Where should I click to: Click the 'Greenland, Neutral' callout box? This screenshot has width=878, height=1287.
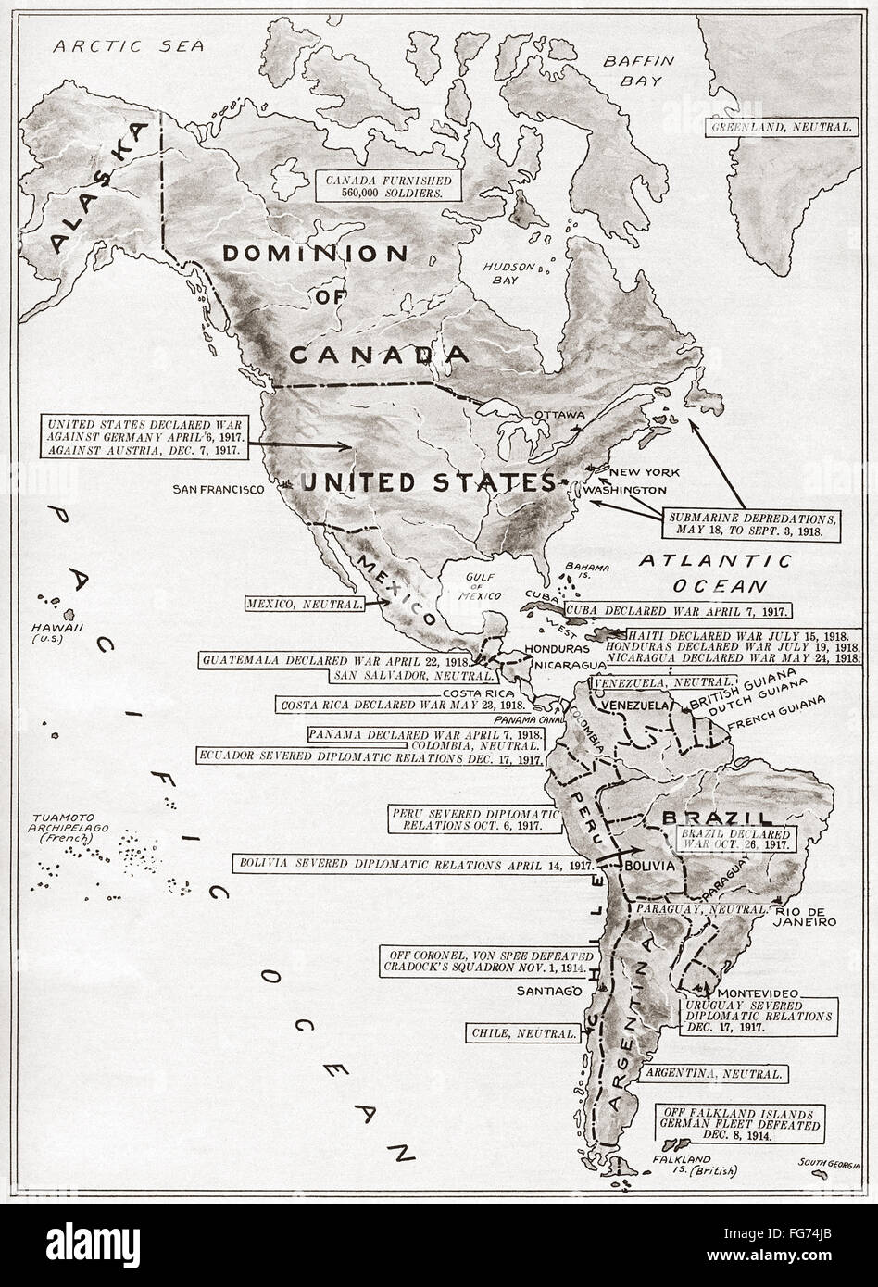tap(781, 126)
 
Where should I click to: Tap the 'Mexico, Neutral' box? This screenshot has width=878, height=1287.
tap(305, 604)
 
